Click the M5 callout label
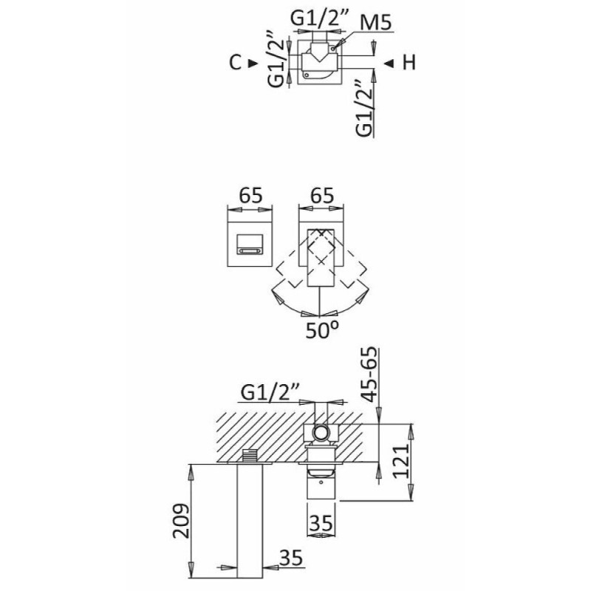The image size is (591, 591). (x=376, y=23)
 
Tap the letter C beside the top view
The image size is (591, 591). (x=235, y=63)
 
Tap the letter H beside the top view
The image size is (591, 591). (x=409, y=63)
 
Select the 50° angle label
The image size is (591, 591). (x=322, y=329)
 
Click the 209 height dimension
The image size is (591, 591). (x=181, y=521)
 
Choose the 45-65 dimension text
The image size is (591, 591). (x=369, y=375)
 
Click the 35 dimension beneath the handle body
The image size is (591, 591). (x=321, y=523)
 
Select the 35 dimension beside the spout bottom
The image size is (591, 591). (x=291, y=558)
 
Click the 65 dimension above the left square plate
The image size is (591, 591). (x=251, y=195)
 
